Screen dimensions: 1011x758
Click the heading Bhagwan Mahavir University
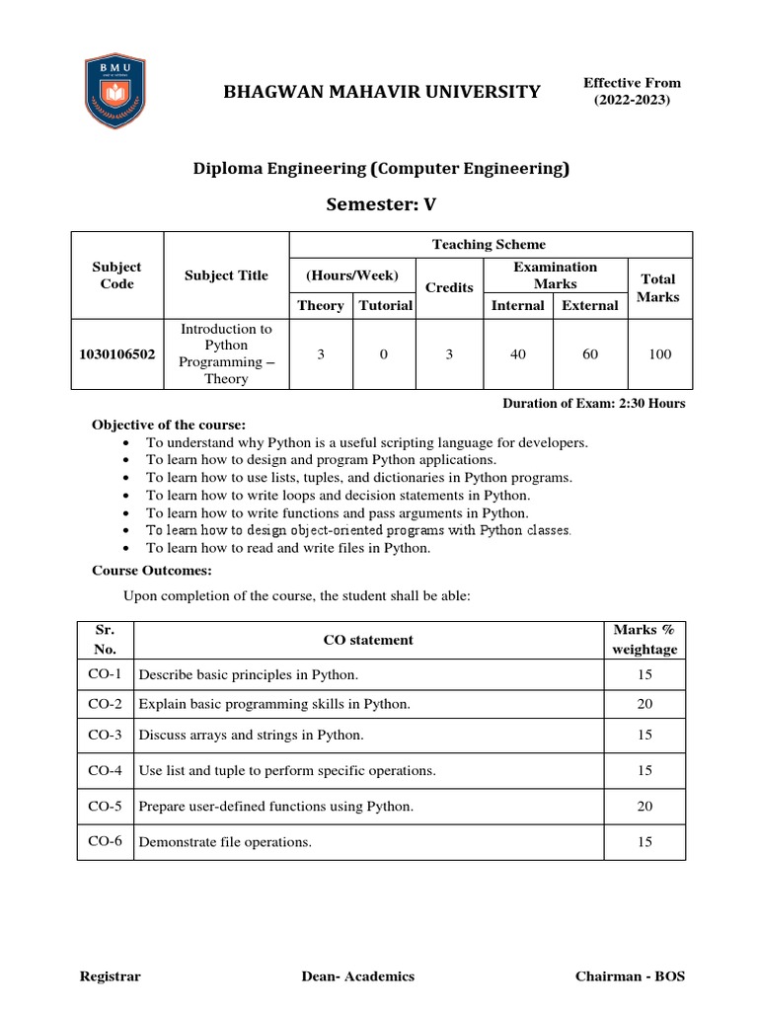pyautogui.click(x=382, y=93)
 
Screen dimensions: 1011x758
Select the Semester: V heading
pyautogui.click(x=380, y=204)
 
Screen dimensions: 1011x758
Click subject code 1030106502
pyautogui.click(x=116, y=353)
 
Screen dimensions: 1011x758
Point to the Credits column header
pyautogui.click(x=449, y=287)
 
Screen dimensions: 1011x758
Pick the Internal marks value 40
pyautogui.click(x=518, y=353)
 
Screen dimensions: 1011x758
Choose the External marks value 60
pyautogui.click(x=590, y=353)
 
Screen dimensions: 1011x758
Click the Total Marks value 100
pyautogui.click(x=658, y=353)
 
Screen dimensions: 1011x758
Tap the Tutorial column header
pyautogui.click(x=386, y=305)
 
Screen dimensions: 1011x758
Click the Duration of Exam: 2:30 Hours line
pyautogui.click(x=593, y=403)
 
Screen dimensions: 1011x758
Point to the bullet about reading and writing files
pyautogui.click(x=288, y=548)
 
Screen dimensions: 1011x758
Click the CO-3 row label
pyautogui.click(x=105, y=736)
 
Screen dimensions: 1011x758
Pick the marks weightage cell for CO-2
pyautogui.click(x=644, y=704)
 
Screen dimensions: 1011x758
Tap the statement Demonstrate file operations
pyautogui.click(x=225, y=842)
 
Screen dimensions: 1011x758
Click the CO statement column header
pyautogui.click(x=368, y=640)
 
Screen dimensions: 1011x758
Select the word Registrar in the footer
pyautogui.click(x=110, y=976)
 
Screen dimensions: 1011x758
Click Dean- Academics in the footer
pyautogui.click(x=358, y=976)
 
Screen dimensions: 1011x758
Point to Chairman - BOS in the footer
pyautogui.click(x=630, y=976)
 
